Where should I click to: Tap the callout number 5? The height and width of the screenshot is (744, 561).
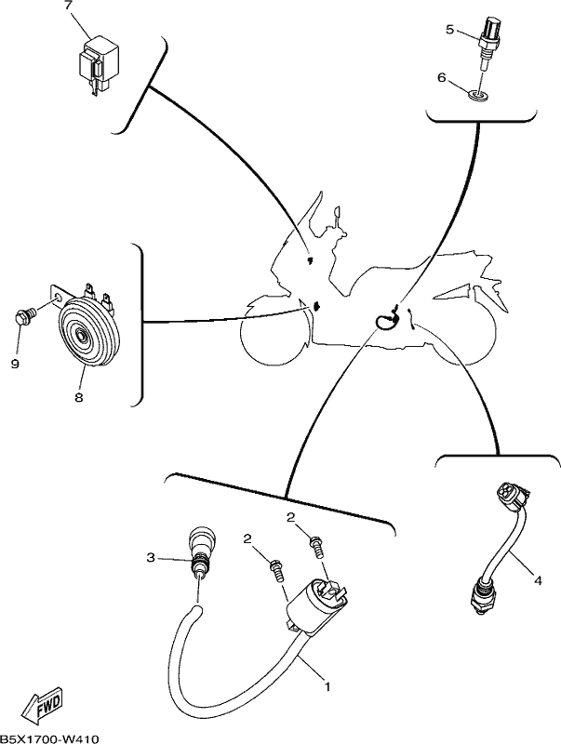[x=449, y=30]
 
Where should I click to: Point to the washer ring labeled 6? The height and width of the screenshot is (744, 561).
[x=479, y=96]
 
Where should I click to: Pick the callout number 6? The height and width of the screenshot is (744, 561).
[x=442, y=77]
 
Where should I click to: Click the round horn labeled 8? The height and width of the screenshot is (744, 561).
[x=88, y=332]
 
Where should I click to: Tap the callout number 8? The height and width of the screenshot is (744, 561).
[x=79, y=397]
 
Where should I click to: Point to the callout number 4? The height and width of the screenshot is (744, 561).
[x=538, y=580]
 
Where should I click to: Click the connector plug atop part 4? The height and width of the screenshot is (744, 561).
[x=509, y=498]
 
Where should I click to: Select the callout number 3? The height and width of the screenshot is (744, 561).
[x=151, y=557]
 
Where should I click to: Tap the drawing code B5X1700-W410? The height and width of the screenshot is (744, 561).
[x=49, y=738]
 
